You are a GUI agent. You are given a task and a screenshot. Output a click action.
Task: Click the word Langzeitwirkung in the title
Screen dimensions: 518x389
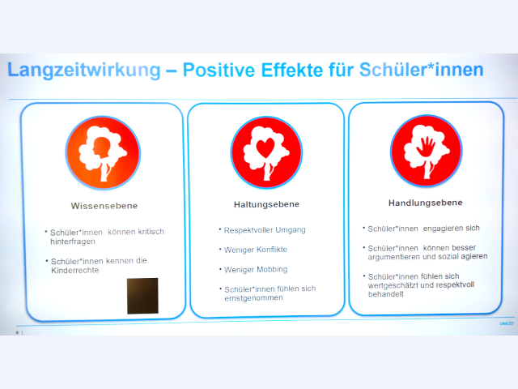pos(84,71)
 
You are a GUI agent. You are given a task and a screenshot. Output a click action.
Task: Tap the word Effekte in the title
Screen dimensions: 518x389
pos(291,71)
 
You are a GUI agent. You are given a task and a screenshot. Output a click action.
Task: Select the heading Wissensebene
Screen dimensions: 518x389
pos(104,206)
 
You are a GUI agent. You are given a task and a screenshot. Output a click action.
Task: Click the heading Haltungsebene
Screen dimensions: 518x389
pos(266,204)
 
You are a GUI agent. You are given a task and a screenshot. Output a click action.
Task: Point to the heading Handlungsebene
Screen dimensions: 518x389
pos(426,203)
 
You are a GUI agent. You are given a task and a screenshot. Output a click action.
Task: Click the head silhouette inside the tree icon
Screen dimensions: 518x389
pos(101,147)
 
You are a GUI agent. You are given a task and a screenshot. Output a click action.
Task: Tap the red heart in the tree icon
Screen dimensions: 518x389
pos(265,147)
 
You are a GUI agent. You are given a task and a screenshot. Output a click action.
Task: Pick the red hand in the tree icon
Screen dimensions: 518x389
pos(427,146)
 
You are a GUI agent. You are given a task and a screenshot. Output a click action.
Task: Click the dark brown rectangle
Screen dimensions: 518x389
pos(142,296)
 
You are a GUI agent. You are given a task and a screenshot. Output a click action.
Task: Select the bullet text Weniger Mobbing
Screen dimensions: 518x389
pos(256,270)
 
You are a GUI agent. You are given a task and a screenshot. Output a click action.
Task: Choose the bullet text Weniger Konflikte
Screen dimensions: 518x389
pos(256,250)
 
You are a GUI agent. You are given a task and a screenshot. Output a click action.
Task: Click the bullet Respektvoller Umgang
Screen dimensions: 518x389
pos(265,230)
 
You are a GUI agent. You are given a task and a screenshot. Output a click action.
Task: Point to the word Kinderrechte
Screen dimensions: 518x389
pos(75,270)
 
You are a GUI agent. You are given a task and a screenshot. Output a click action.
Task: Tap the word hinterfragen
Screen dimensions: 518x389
pos(73,242)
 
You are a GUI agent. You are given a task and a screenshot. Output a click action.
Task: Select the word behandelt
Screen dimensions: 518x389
pos(386,294)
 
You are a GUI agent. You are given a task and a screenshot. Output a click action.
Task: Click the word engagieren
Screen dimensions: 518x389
pos(439,229)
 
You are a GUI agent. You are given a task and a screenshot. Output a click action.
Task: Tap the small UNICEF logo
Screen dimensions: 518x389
pos(507,323)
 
